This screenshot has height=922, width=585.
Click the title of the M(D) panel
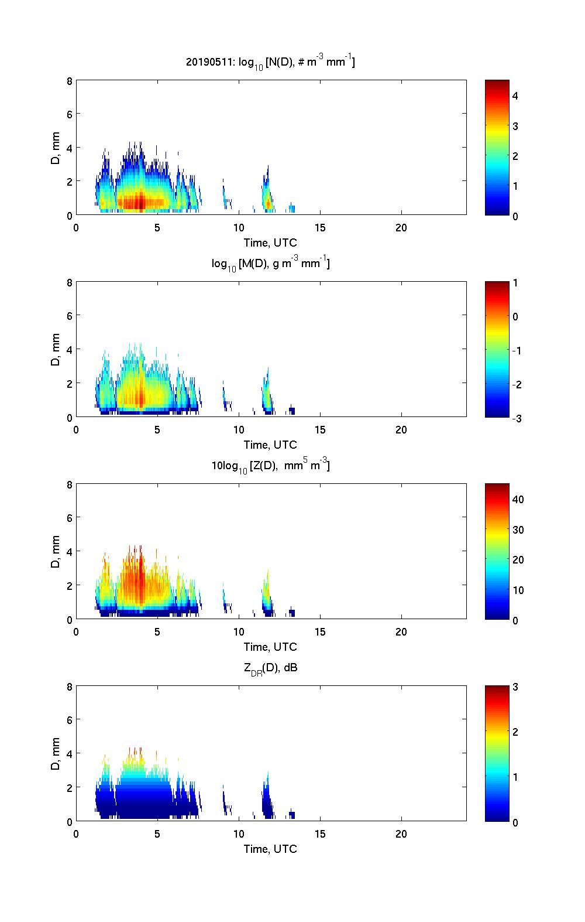point(270,264)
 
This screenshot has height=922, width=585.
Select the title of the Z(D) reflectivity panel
point(270,466)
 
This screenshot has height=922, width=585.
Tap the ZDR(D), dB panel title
point(270,668)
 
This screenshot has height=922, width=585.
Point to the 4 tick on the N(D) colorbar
point(515,95)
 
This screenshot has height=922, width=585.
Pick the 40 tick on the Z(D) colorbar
point(518,499)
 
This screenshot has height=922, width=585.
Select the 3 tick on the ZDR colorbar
point(515,687)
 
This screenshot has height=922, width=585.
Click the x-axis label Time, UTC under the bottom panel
point(270,849)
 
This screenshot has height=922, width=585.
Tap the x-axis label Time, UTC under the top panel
point(270,243)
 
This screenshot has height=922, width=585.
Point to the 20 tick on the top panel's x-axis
point(401,228)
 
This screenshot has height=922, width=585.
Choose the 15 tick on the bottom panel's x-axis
point(320,834)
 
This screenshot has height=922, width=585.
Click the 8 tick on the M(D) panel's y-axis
point(70,282)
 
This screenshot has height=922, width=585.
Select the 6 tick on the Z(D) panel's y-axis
point(70,518)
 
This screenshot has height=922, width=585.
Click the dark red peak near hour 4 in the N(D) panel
point(140,202)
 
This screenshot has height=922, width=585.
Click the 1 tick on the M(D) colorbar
point(515,283)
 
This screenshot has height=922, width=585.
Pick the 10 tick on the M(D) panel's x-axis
point(239,430)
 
